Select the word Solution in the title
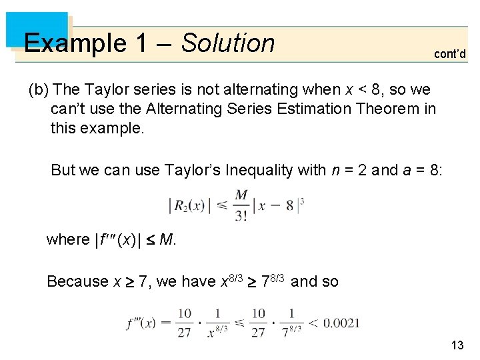pyautogui.click(x=228, y=43)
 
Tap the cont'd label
pyautogui.click(x=450, y=54)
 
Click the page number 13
pyautogui.click(x=457, y=345)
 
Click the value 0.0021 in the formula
pyautogui.click(x=341, y=323)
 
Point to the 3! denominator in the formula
pyautogui.click(x=241, y=215)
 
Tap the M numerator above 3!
pyautogui.click(x=241, y=195)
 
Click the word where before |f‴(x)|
pyautogui.click(x=67, y=239)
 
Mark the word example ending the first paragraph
pyautogui.click(x=97, y=128)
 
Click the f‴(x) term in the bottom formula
pyautogui.click(x=141, y=324)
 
